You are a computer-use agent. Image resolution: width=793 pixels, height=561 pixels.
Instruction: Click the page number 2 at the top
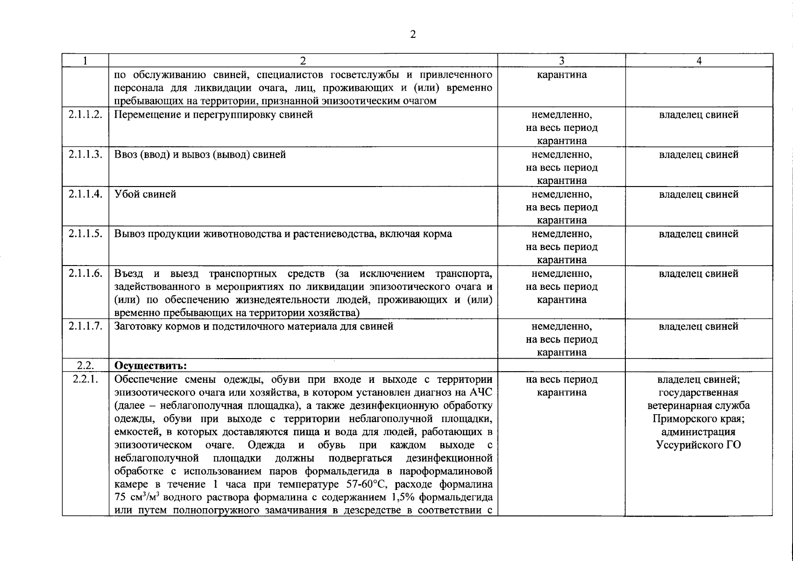pos(413,34)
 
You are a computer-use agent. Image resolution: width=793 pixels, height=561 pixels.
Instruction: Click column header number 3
pos(561,61)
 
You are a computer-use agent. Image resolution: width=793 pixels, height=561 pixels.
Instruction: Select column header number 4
pos(699,61)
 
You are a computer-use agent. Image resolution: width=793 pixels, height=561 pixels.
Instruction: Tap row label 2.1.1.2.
pos(85,115)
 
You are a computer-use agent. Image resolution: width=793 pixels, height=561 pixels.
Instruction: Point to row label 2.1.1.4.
pos(85,194)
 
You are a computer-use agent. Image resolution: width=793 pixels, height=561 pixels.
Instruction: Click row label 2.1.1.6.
pos(85,273)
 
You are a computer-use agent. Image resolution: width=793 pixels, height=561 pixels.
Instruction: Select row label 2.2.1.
pos(85,379)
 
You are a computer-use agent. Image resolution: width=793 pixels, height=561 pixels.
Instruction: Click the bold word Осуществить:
pos(151,366)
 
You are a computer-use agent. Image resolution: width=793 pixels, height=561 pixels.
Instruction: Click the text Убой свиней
pos(145,194)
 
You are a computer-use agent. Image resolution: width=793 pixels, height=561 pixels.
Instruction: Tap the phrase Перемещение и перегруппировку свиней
pos(213,115)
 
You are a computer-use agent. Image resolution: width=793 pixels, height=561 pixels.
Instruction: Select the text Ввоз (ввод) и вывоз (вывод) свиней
pos(200,154)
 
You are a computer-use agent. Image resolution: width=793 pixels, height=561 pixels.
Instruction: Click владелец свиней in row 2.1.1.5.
pos(699,234)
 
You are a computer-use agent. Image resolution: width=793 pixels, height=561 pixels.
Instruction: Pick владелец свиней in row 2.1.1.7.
pos(699,326)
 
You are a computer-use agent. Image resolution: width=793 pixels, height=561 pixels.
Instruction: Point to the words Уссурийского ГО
pos(699,445)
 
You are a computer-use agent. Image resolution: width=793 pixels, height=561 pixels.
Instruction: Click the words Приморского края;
pos(699,418)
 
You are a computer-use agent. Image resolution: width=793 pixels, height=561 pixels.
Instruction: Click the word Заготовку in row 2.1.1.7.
pos(138,326)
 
